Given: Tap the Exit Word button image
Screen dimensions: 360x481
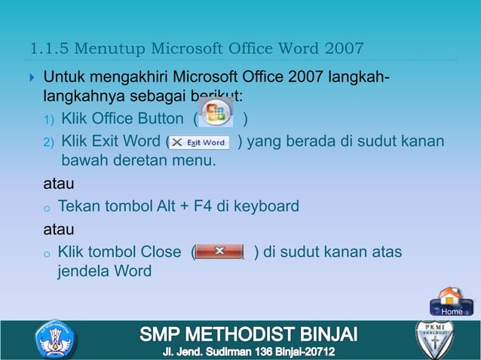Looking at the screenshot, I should coord(199,142).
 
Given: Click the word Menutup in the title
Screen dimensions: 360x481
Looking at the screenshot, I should coord(114,50).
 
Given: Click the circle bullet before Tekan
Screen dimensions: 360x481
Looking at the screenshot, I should coord(47,207).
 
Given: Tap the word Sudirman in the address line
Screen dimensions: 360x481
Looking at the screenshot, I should coord(225,352).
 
